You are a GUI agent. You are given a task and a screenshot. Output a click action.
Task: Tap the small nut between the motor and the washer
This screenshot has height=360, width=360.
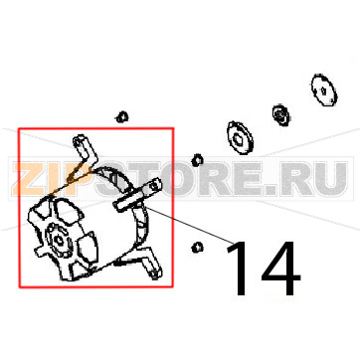click(196, 159)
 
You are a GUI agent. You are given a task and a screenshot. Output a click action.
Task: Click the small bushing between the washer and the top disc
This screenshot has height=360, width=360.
click(281, 117)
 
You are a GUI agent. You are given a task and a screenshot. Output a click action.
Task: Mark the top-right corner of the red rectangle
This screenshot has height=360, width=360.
click(173, 127)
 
